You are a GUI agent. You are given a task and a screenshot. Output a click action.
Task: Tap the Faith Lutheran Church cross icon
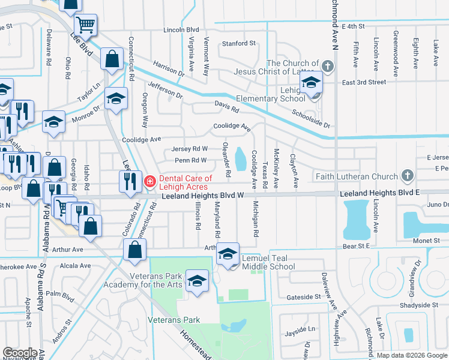(408, 176)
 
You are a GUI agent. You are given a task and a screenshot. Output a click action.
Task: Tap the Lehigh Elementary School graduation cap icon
(311, 83)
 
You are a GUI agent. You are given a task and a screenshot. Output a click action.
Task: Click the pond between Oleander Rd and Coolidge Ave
(241, 159)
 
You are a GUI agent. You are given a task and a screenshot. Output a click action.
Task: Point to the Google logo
(19, 352)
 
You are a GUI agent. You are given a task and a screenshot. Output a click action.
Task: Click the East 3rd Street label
(364, 82)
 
